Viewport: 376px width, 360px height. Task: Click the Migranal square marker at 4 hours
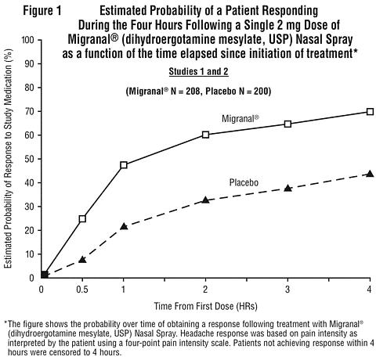[370, 112]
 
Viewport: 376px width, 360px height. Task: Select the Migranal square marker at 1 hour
[124, 165]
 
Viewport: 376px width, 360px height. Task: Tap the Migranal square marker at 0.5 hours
[82, 218]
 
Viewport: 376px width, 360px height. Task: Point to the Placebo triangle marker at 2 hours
[206, 200]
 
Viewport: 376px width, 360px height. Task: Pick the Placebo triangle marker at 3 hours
[287, 188]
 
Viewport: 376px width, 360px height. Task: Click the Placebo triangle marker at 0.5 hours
[82, 259]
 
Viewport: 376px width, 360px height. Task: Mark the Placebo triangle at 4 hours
[370, 174]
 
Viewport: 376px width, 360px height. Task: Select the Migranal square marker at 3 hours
[287, 124]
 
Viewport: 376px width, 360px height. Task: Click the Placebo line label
[244, 182]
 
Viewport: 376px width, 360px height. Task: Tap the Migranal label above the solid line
[240, 119]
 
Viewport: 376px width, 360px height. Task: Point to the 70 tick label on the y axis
[29, 111]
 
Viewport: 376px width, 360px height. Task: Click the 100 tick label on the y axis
[27, 40]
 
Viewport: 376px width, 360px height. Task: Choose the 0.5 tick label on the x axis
[82, 290]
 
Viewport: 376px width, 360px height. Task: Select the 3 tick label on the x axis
[287, 290]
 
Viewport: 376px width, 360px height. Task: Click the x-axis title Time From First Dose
[205, 306]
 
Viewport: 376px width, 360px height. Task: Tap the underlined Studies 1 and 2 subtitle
[198, 71]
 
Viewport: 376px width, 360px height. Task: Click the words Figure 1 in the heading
[42, 11]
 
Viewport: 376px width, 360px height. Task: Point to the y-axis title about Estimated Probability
[8, 158]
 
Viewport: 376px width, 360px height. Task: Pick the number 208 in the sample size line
[193, 92]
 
